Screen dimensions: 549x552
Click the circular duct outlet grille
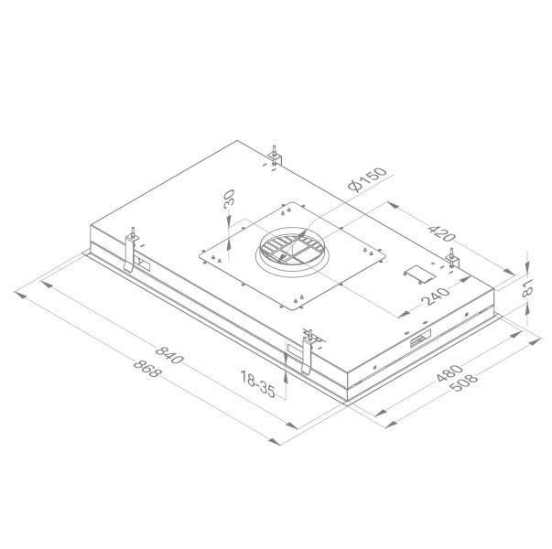click(290, 251)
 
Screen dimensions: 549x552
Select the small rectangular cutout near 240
click(417, 273)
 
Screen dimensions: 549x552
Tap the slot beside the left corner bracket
click(145, 264)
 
